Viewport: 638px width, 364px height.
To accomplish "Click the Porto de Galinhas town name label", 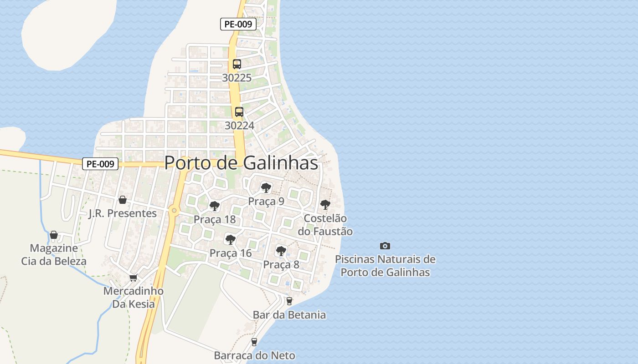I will pos(241,162).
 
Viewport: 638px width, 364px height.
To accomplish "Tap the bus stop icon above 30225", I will pos(237,64).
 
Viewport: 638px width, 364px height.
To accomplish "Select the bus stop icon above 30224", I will pos(239,111).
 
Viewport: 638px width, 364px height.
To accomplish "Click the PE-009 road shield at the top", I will pos(238,24).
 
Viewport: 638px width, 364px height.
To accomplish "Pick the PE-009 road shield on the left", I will pos(100,164).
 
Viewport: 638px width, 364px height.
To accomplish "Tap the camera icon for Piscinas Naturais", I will pos(385,246).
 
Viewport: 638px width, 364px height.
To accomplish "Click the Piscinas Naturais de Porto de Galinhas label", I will pos(385,266).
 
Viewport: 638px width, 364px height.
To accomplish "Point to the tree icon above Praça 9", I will pos(266,187).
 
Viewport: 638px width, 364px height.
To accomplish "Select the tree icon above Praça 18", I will pos(214,206).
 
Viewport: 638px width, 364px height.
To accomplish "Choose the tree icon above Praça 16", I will pos(231,239).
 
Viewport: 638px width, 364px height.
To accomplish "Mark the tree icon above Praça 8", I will pos(281,251).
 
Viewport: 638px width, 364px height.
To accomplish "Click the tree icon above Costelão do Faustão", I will pos(325,205).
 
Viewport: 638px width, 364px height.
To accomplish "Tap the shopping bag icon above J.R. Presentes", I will pos(122,200).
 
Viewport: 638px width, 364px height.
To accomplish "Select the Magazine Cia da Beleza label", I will pos(54,255).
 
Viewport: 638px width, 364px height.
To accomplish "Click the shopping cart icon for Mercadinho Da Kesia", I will pos(134,278).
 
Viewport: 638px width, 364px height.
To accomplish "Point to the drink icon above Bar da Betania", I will pos(289,301).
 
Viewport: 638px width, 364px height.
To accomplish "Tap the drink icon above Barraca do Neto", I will pos(254,342).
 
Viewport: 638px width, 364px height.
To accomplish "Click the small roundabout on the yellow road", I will pos(174,210).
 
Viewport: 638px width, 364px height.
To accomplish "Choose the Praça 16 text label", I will pos(231,253).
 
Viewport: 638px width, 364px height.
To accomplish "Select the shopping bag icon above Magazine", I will pos(54,235).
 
